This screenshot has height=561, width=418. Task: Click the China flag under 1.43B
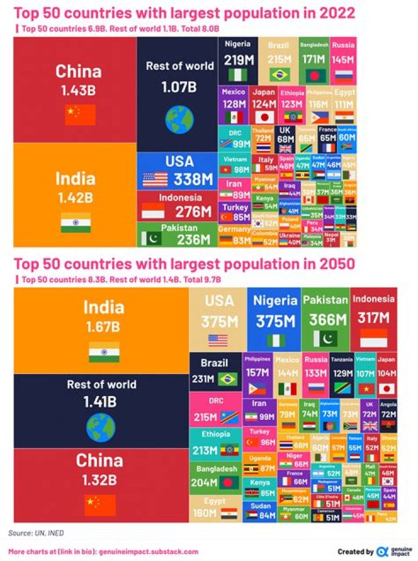[72, 114]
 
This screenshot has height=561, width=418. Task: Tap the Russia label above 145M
[343, 45]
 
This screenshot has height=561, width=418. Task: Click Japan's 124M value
[264, 104]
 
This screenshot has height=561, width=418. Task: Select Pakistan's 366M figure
[326, 320]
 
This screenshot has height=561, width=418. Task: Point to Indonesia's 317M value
[374, 318]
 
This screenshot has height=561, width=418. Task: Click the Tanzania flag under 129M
[342, 388]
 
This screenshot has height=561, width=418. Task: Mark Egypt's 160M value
[204, 513]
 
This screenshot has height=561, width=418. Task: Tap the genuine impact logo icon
[382, 551]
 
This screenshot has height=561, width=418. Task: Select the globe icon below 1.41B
[101, 427]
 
